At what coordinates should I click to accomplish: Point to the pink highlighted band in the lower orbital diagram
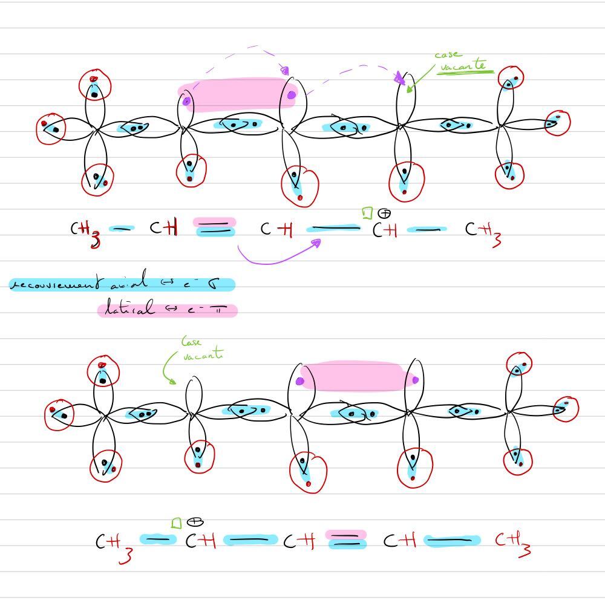click(x=357, y=376)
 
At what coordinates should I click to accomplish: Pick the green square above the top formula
click(x=367, y=213)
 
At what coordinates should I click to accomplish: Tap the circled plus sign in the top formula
click(x=384, y=213)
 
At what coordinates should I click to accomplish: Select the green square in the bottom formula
click(x=176, y=523)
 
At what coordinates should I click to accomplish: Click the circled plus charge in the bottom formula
click(x=195, y=521)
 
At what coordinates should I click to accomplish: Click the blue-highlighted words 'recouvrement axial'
click(x=79, y=283)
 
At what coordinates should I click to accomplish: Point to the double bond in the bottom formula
click(x=346, y=539)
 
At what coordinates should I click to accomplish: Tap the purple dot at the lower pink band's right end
click(x=415, y=380)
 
